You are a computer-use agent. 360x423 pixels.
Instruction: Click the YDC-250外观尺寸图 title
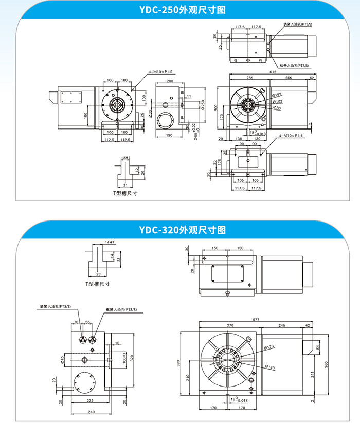point(180,10)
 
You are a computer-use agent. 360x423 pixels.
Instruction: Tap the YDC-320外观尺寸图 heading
point(180,230)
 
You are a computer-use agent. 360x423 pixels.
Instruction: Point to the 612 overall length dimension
point(272,71)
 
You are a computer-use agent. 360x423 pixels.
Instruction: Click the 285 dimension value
point(249,78)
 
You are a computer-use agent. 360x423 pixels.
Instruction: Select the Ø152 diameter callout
point(277,95)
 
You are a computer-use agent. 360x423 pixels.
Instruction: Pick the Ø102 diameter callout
point(277,101)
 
